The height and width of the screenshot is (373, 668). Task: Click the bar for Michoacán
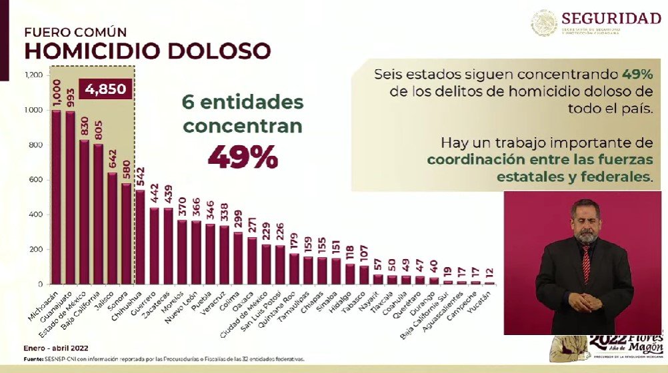56,197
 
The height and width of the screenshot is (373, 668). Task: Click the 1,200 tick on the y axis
33,75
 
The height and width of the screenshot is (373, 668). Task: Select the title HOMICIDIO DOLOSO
147,51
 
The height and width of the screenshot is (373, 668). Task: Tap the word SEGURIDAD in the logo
611,18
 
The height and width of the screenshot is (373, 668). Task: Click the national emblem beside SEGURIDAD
544,23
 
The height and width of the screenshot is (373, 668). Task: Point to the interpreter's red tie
585,264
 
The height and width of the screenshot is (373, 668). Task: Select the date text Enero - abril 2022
56,348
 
